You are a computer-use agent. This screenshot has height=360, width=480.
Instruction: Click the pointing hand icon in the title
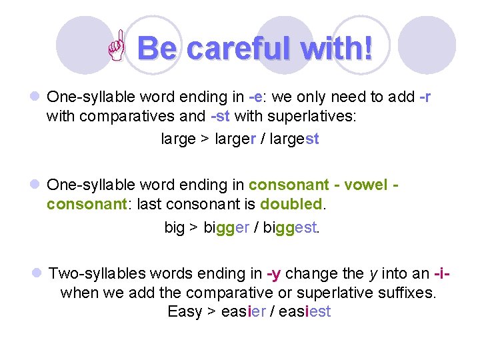121,49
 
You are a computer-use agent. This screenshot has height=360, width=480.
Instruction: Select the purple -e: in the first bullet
257,97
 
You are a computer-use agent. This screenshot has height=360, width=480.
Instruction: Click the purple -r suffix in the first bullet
425,97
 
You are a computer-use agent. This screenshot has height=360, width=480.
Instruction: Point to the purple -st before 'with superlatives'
220,117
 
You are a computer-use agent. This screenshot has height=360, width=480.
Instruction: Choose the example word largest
293,139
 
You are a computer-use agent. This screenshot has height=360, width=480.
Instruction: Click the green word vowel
363,185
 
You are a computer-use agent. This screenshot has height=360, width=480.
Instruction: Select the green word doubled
291,204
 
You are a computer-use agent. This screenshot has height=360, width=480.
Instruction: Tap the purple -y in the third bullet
273,273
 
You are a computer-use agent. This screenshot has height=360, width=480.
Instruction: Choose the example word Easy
185,311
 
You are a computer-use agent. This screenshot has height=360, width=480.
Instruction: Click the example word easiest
304,311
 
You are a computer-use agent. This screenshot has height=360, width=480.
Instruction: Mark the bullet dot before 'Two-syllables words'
37,273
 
